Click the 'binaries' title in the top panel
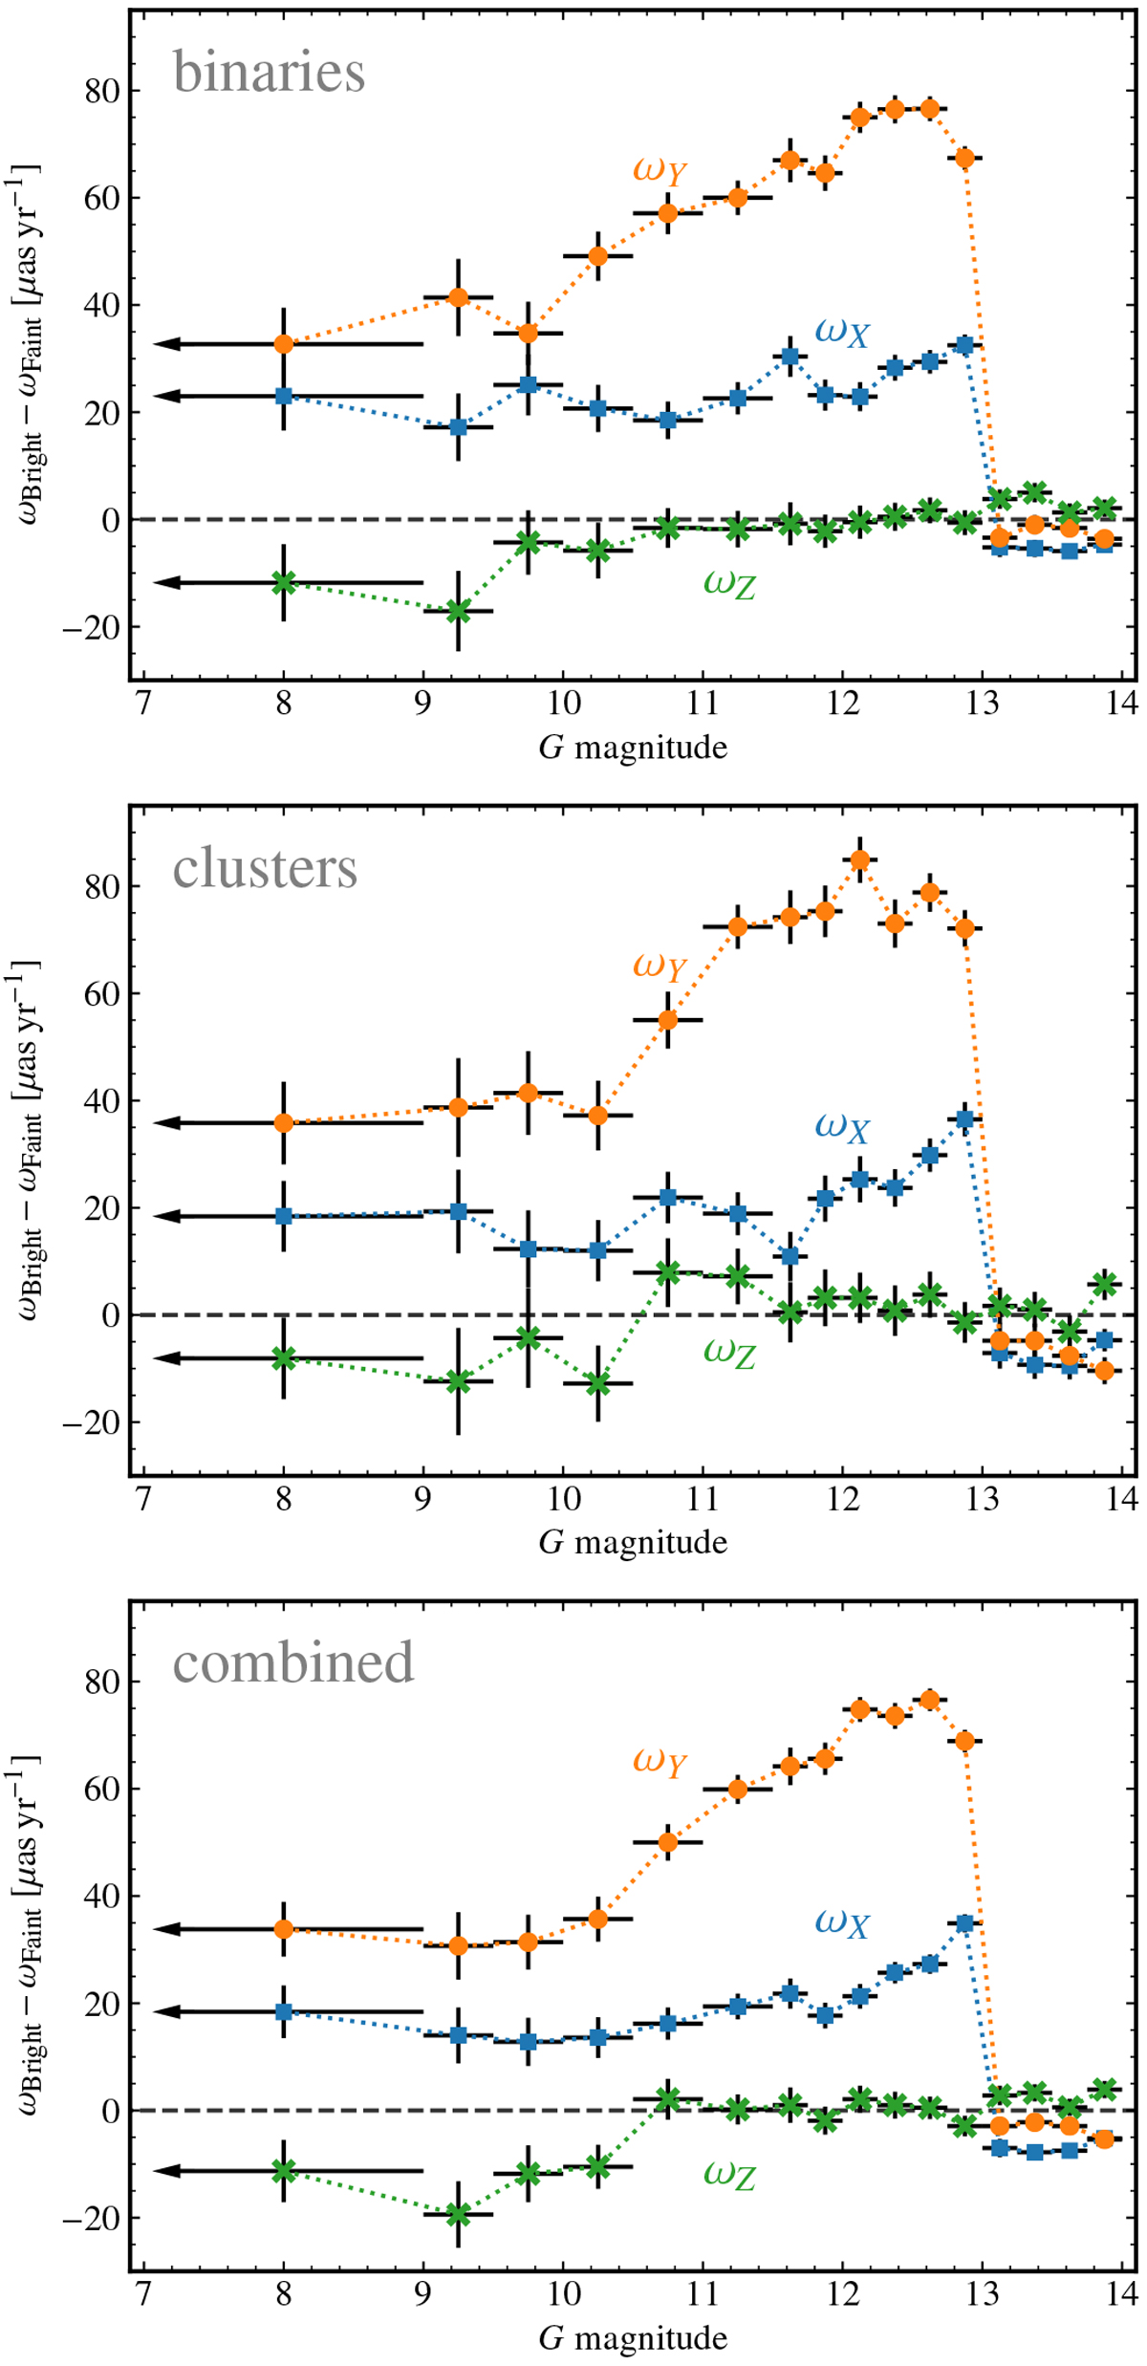pyautogui.click(x=269, y=73)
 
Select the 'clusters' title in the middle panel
pyautogui.click(x=265, y=869)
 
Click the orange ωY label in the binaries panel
pyautogui.click(x=660, y=170)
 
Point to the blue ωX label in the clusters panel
pyautogui.click(x=842, y=1127)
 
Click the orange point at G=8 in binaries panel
pyautogui.click(x=284, y=344)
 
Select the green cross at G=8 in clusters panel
pyautogui.click(x=284, y=1357)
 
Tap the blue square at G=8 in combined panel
pyautogui.click(x=284, y=2011)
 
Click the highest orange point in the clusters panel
pyautogui.click(x=860, y=860)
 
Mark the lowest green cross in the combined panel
pyautogui.click(x=459, y=2214)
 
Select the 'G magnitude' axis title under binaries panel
pyautogui.click(x=633, y=748)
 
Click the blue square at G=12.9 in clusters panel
pyautogui.click(x=965, y=1119)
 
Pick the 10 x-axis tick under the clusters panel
pyautogui.click(x=563, y=1498)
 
